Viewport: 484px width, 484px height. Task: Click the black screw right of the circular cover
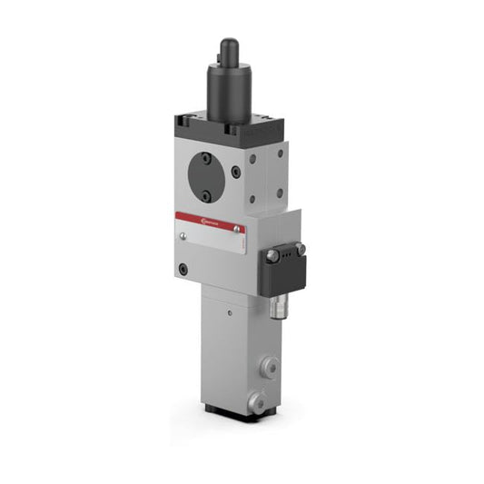pos(236,173)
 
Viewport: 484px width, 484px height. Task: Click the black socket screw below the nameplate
pos(184,269)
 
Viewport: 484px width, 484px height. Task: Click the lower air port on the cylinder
pos(258,399)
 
